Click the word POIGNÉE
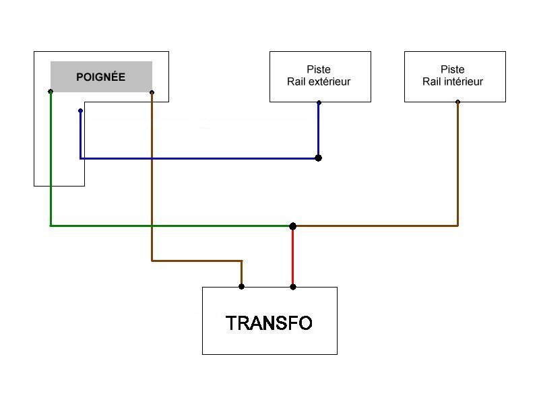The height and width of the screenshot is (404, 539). click(100, 77)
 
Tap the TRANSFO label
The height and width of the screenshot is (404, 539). click(269, 323)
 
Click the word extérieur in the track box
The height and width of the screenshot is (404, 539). click(329, 82)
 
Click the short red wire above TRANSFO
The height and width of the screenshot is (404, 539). click(292, 256)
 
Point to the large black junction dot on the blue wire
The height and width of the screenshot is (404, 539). click(318, 158)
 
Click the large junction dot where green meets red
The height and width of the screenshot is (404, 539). click(292, 226)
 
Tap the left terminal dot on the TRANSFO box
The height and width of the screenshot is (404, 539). click(241, 286)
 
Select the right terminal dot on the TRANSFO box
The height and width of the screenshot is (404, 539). click(292, 286)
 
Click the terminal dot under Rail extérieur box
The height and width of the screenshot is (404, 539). click(319, 103)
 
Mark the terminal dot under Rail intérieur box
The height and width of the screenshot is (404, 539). click(457, 102)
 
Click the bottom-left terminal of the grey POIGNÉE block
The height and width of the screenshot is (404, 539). click(51, 92)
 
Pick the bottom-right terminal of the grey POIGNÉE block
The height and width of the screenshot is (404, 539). click(152, 92)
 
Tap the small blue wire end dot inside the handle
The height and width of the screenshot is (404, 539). click(80, 110)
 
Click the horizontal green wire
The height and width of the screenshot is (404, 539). click(168, 226)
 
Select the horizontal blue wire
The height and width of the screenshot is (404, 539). click(202, 158)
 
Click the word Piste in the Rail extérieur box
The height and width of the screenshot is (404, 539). click(319, 69)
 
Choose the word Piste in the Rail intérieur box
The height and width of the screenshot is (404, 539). click(453, 69)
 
